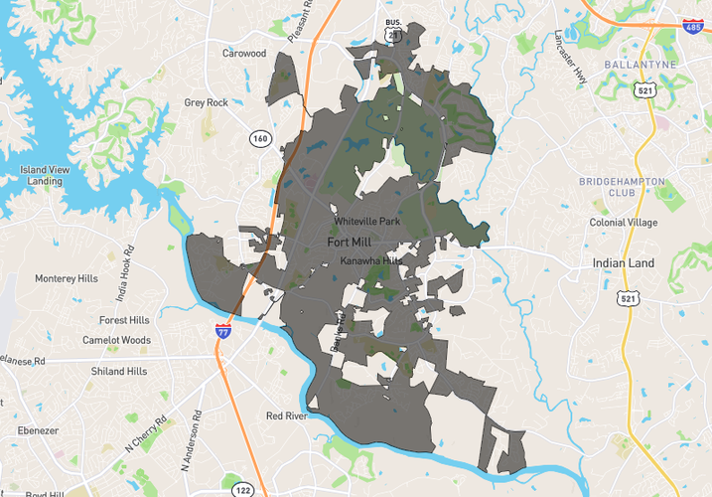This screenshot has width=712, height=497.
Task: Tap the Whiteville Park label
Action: pyautogui.click(x=367, y=222)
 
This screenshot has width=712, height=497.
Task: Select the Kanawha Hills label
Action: pyautogui.click(x=369, y=260)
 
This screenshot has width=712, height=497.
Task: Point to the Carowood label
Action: pyautogui.click(x=244, y=54)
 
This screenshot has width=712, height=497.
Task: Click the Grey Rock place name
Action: pyautogui.click(x=207, y=102)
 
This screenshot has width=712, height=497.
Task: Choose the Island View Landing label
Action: pyautogui.click(x=46, y=176)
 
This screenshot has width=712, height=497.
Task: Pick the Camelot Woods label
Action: pyautogui.click(x=116, y=340)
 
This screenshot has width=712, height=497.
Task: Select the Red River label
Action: pyautogui.click(x=287, y=415)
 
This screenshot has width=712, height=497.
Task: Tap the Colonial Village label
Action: pyautogui.click(x=623, y=223)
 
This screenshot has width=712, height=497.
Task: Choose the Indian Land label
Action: pyautogui.click(x=623, y=262)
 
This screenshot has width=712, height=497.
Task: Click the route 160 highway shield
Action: pyautogui.click(x=259, y=138)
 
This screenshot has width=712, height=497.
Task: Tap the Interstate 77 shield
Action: pyautogui.click(x=224, y=330)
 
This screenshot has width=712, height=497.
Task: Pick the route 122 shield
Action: pyautogui.click(x=242, y=489)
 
